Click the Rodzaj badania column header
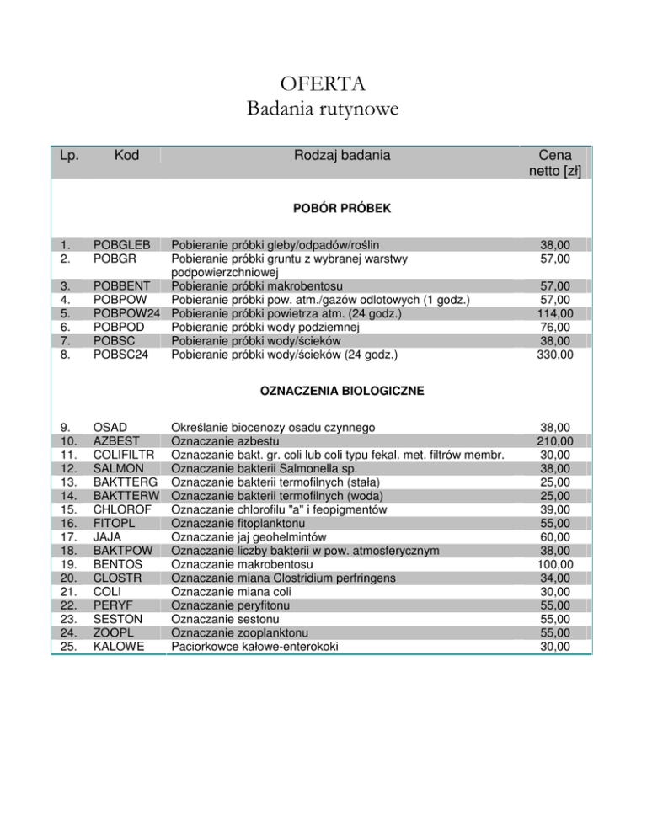343,155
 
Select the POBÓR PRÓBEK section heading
323,208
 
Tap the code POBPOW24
127,314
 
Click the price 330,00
557,355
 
